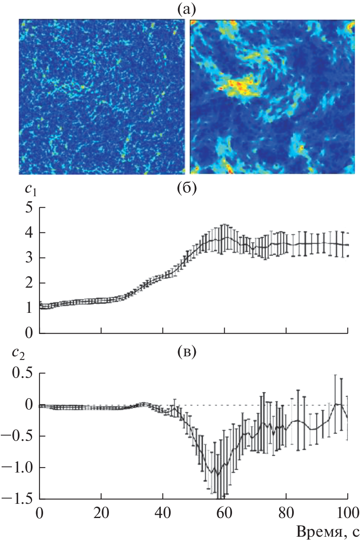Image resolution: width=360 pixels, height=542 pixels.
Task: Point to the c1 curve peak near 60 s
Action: pos(224,238)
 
